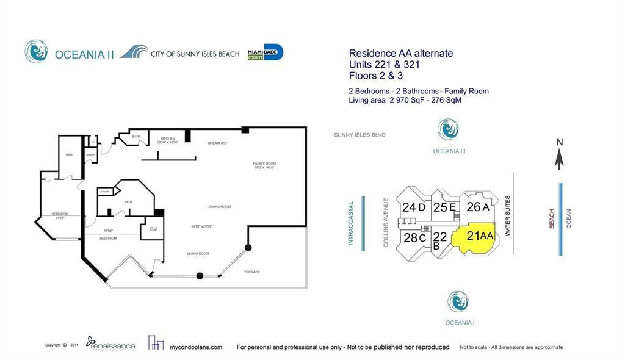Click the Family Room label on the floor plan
pyautogui.click(x=265, y=164)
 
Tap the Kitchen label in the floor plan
pyautogui.click(x=168, y=139)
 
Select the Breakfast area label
pyautogui.click(x=217, y=143)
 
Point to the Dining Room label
pyautogui.click(x=220, y=207)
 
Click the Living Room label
pyautogui.click(x=198, y=253)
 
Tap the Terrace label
pyautogui.click(x=252, y=272)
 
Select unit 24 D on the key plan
pyautogui.click(x=413, y=207)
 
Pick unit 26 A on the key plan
pyautogui.click(x=477, y=207)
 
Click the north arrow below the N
pyautogui.click(x=558, y=159)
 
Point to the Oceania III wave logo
pyautogui.click(x=448, y=129)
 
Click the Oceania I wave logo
pyautogui.click(x=458, y=301)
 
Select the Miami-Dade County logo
pyautogui.click(x=265, y=53)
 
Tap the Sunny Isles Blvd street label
pyautogui.click(x=359, y=135)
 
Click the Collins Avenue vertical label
pyautogui.click(x=386, y=222)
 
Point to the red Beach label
pyautogui.click(x=552, y=218)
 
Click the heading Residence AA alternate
pyautogui.click(x=400, y=53)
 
